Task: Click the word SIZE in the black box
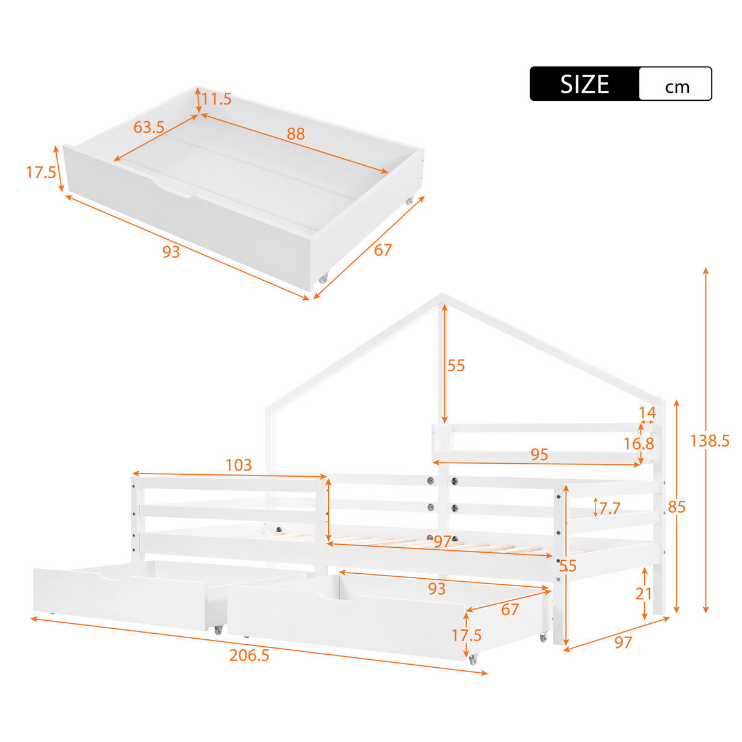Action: coord(584,84)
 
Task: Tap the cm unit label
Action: coord(677,87)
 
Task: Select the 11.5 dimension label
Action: coord(216,99)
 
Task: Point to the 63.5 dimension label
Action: coord(148,127)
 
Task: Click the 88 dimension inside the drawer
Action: coord(296,134)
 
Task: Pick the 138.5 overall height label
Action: coord(710,441)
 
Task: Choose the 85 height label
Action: coord(677,507)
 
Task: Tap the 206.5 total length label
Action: coord(249,655)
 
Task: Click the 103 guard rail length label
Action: coord(239,465)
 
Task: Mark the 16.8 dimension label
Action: coord(639,443)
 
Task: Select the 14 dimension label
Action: coord(647,413)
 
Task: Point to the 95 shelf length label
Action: coord(539,454)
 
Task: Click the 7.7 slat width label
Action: coord(609,508)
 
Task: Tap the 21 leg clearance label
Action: coord(644,594)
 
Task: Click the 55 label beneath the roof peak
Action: coord(456,365)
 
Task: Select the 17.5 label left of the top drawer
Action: coord(41,173)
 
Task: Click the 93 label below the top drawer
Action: coord(171,252)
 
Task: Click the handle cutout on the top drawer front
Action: coord(173,189)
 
